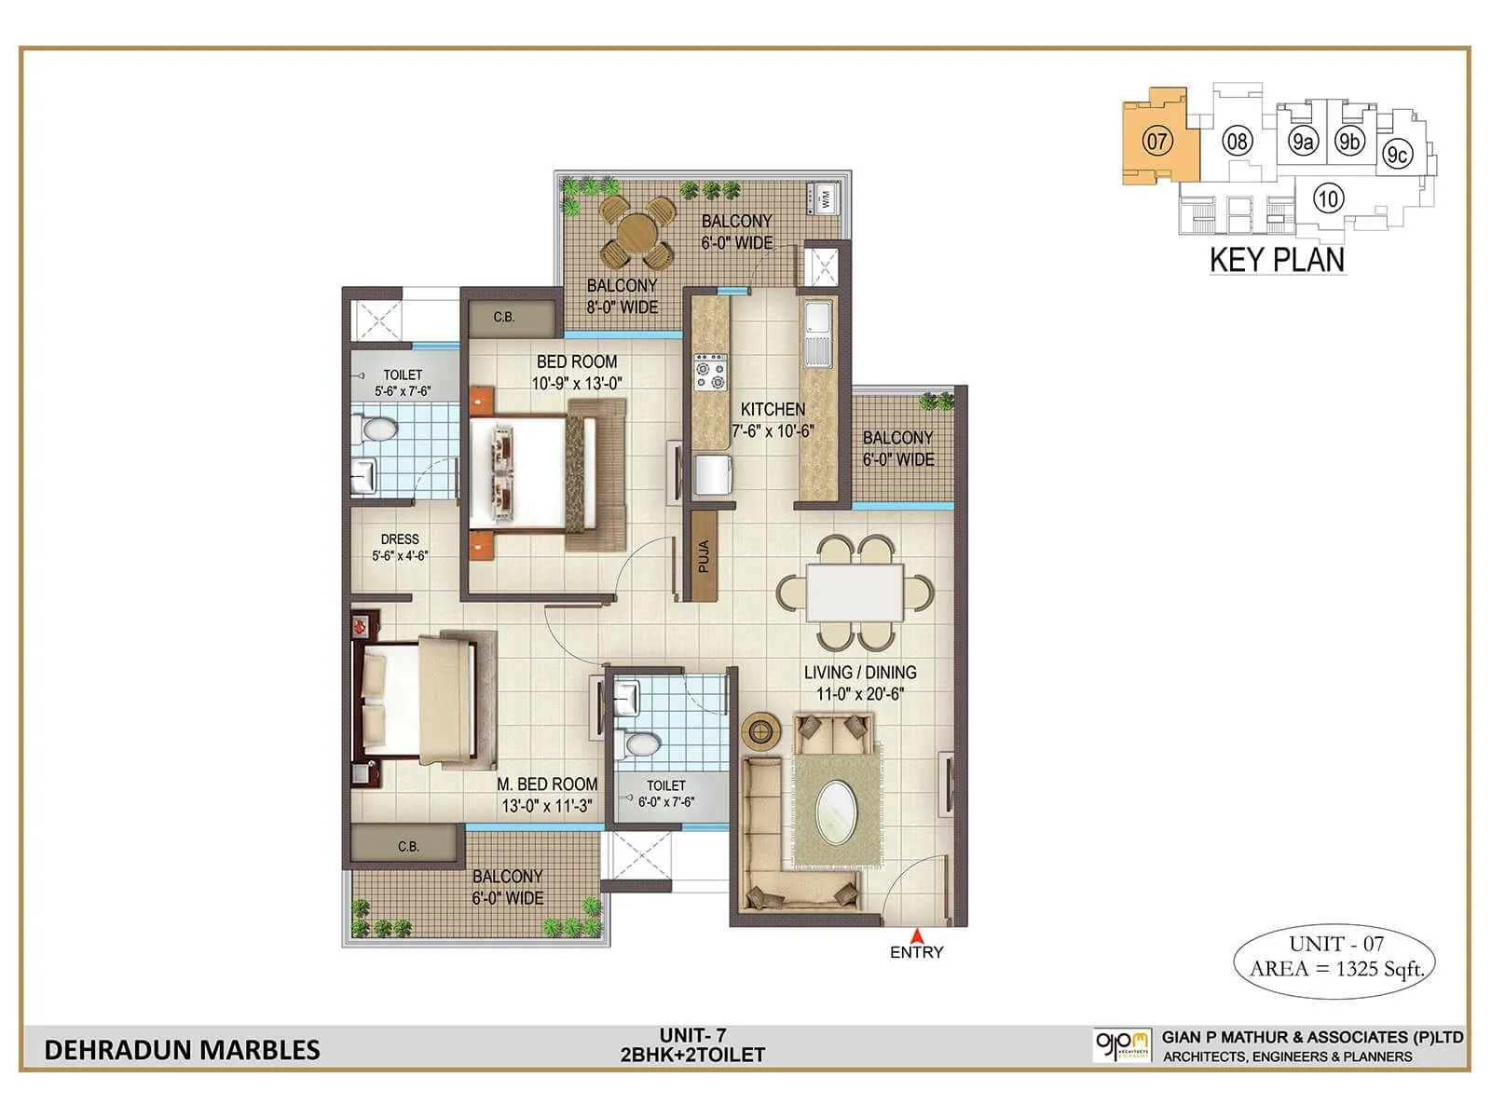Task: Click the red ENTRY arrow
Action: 917,935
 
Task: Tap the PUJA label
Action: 704,556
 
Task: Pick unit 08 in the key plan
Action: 1237,142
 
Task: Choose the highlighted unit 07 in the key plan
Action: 1156,142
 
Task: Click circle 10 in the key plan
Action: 1328,198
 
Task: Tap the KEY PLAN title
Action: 1277,259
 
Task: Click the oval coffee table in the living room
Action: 838,811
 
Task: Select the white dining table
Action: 855,592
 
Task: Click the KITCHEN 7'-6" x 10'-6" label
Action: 773,419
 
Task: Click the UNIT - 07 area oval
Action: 1335,957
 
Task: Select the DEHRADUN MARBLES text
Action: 182,1050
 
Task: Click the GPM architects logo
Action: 1123,1044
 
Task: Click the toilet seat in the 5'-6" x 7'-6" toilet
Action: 376,430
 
